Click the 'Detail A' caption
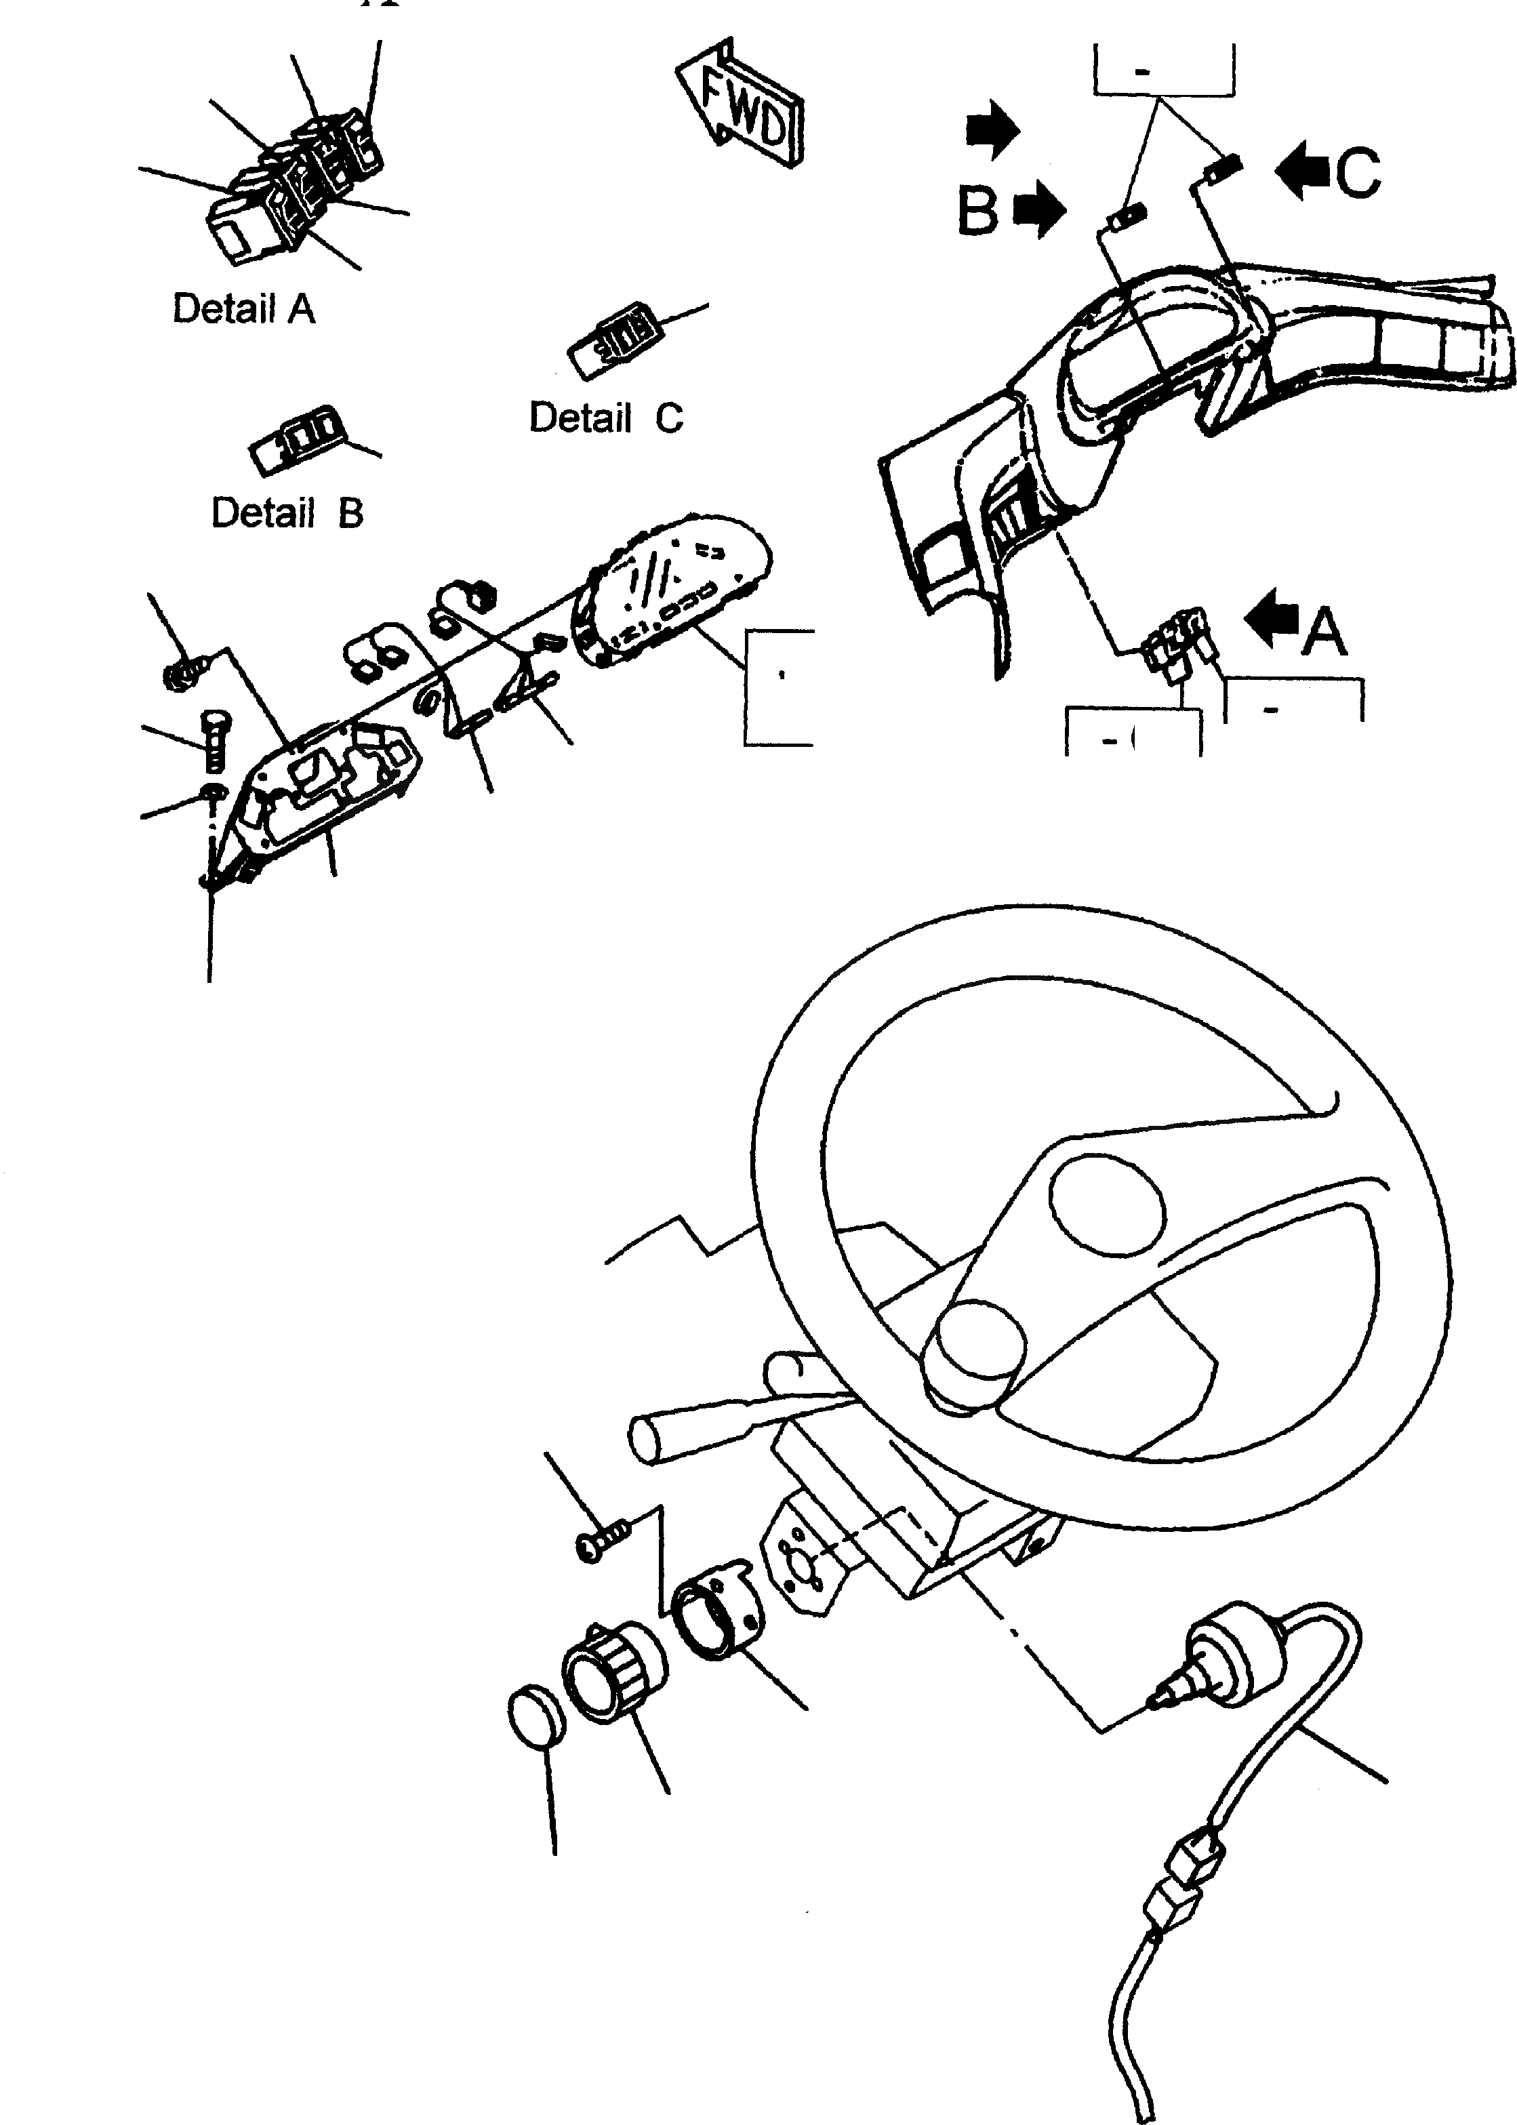(244, 309)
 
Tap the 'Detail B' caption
(287, 513)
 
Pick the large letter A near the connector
(1324, 632)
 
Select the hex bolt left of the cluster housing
(213, 743)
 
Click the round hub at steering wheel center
(973, 1360)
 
